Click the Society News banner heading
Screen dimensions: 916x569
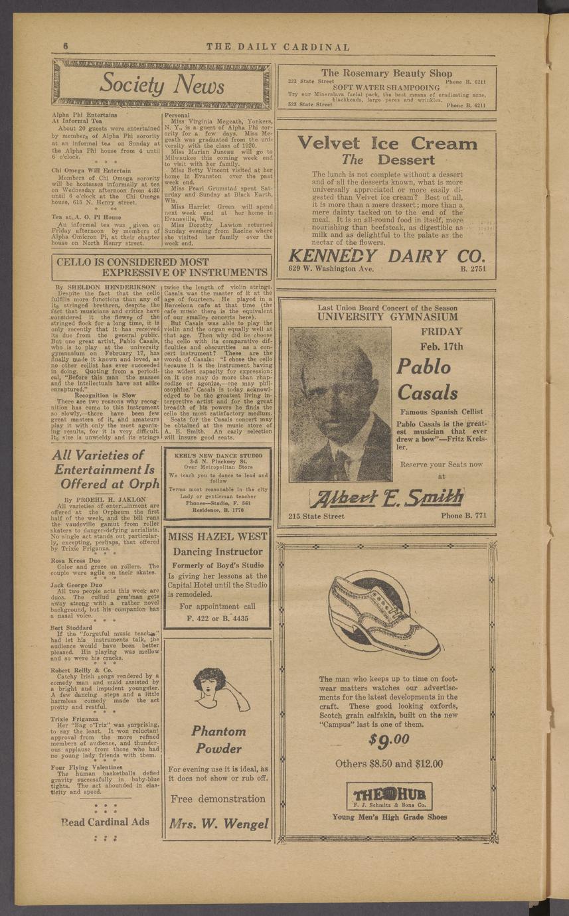(161, 85)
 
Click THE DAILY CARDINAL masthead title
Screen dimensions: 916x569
(278, 47)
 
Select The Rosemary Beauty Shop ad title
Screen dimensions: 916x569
(386, 73)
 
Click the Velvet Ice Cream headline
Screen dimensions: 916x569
(387, 143)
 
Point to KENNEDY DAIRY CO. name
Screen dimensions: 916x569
(387, 256)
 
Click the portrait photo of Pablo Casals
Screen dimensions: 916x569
(341, 404)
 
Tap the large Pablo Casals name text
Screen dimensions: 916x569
(428, 378)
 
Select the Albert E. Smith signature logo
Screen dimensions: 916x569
(387, 497)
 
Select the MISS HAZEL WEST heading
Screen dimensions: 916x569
(216, 537)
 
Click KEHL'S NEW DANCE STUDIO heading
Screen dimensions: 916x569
(217, 456)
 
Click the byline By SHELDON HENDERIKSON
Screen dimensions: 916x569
(106, 287)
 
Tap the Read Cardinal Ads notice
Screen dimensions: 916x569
(105, 822)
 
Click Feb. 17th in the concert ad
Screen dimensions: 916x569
(442, 346)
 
